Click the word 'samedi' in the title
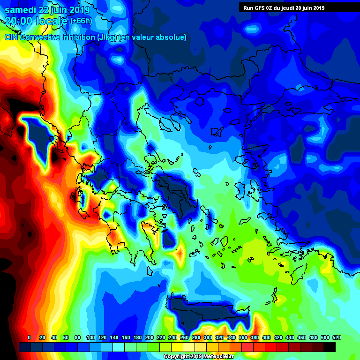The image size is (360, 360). (x=19, y=10)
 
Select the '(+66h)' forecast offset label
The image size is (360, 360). (x=81, y=21)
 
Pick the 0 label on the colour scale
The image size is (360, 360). (x=29, y=337)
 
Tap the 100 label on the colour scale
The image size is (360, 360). (x=90, y=337)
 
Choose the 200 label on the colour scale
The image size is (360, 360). (x=149, y=337)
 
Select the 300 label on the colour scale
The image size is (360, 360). (x=208, y=337)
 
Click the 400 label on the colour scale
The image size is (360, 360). (x=266, y=337)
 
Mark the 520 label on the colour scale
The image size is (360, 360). (x=337, y=337)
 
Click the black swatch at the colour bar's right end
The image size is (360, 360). (x=330, y=347)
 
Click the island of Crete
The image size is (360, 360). (x=206, y=312)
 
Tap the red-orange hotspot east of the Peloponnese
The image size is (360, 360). (x=180, y=253)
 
